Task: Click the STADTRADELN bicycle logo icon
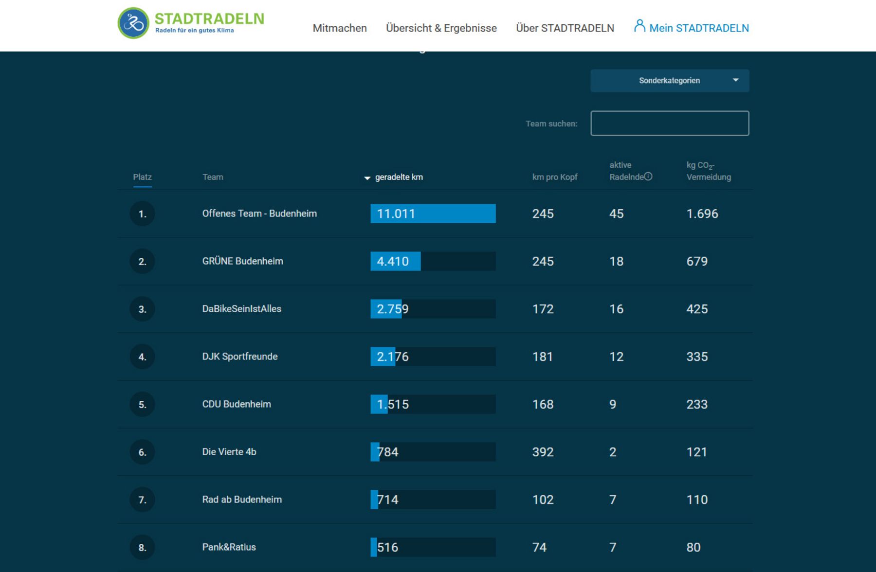click(x=133, y=23)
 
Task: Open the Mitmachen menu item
click(x=340, y=28)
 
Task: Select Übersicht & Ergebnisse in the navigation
click(x=441, y=28)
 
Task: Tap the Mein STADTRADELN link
click(x=692, y=28)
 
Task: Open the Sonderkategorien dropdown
click(x=670, y=81)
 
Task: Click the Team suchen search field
click(x=670, y=124)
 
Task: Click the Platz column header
click(x=142, y=177)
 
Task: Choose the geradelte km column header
click(x=399, y=177)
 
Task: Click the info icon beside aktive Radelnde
click(x=648, y=177)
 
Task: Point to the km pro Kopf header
click(x=554, y=177)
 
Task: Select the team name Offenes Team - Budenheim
click(x=259, y=214)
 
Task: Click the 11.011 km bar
click(x=433, y=214)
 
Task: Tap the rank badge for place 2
click(x=142, y=262)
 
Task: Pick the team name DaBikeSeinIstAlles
click(x=242, y=309)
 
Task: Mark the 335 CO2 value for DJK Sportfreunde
click(x=697, y=357)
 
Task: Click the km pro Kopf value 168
click(x=543, y=404)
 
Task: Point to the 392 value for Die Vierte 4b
click(x=543, y=452)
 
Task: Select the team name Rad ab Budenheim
click(x=242, y=500)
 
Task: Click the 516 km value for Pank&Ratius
click(x=388, y=547)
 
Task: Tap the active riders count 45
click(x=616, y=214)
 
